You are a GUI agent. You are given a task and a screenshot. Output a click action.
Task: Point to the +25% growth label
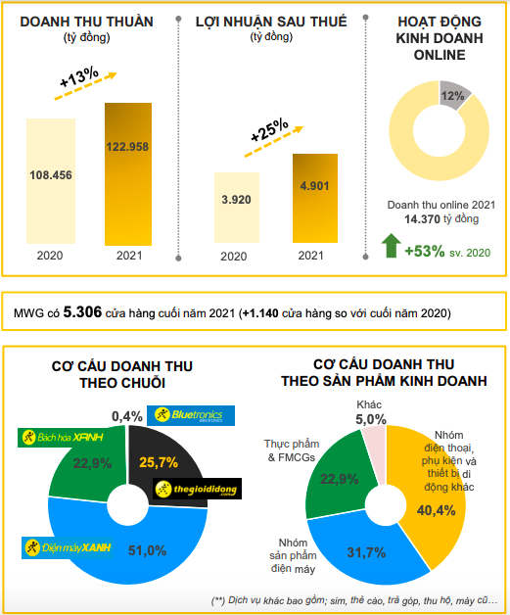pos(268,130)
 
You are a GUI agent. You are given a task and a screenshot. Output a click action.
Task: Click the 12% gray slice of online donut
pos(453,97)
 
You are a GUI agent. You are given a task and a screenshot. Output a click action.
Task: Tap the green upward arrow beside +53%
pos(391,245)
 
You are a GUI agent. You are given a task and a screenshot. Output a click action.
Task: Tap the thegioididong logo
pos(197,489)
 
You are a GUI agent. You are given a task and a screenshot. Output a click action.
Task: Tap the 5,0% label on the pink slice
pos(371,419)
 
